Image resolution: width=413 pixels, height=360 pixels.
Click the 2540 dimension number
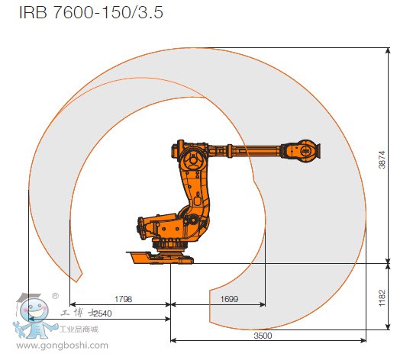pyautogui.click(x=102, y=313)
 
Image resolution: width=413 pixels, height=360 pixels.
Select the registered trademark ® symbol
pyautogui.click(x=55, y=296)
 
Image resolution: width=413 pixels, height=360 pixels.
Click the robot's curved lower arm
pyautogui.click(x=188, y=198)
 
